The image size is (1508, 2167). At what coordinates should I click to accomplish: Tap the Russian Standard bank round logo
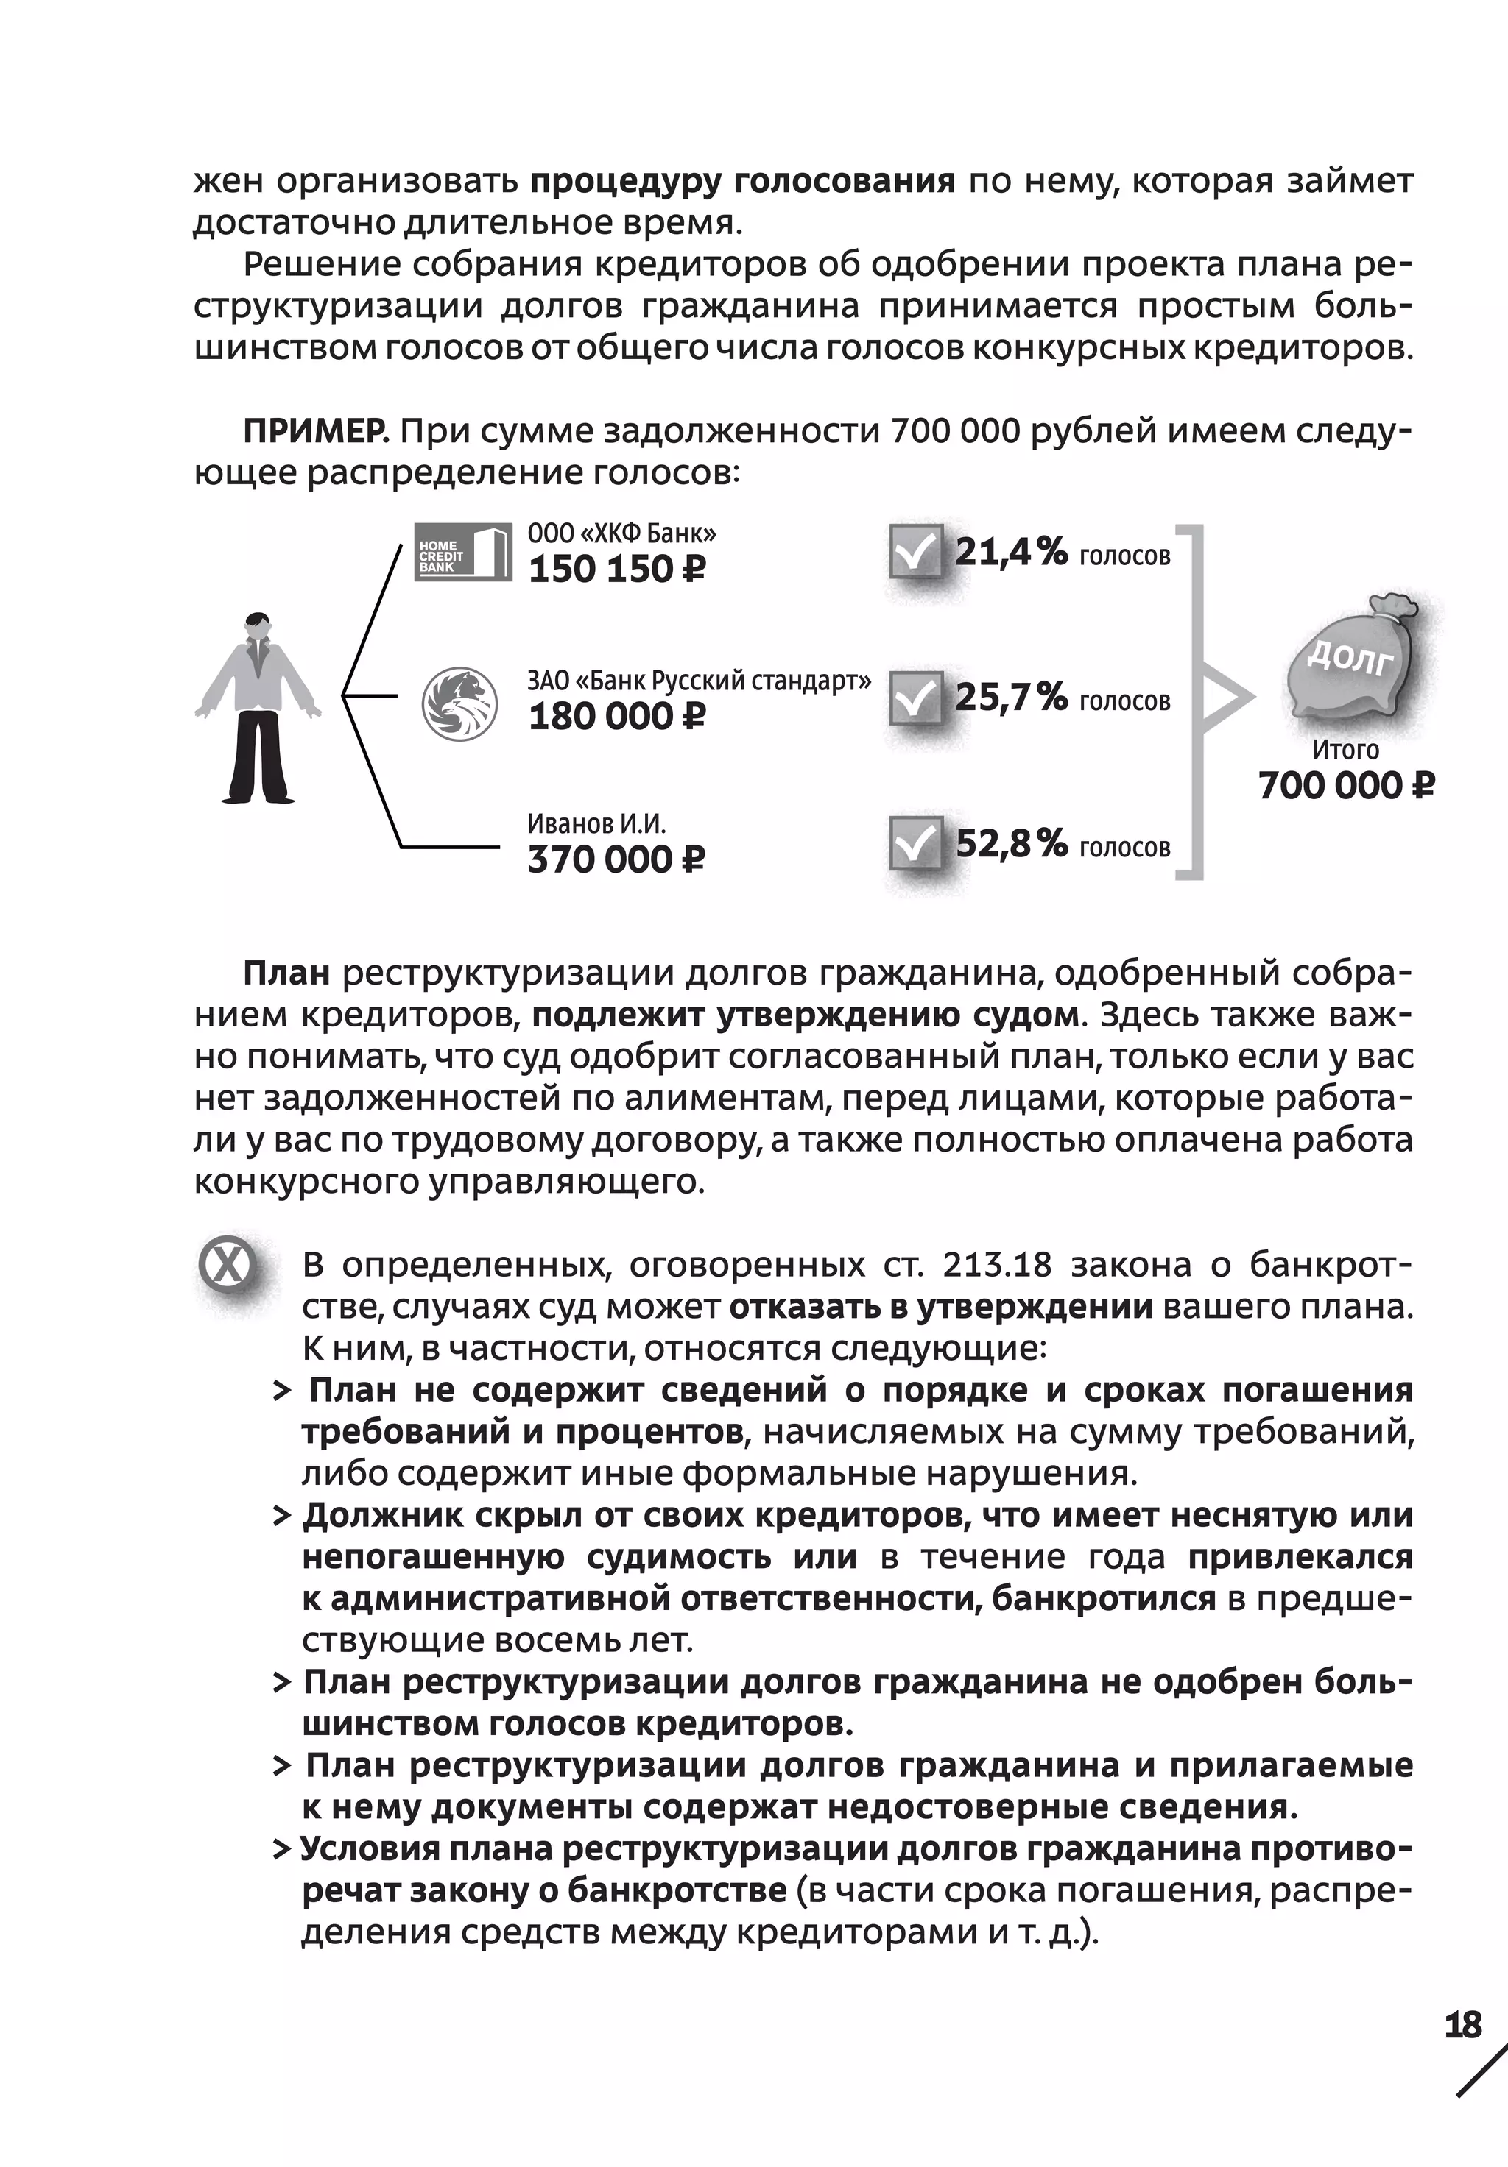tap(459, 703)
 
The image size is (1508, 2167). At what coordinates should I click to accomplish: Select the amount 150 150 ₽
tap(616, 569)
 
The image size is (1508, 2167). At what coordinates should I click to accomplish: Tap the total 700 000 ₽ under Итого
tap(1345, 785)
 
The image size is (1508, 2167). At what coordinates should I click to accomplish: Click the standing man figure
tap(258, 708)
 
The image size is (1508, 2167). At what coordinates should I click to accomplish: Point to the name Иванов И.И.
tap(596, 824)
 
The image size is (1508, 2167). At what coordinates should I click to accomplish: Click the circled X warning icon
tap(228, 1266)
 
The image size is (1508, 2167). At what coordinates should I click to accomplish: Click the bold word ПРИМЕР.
tap(315, 431)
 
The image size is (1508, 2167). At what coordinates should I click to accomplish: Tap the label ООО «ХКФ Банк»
tap(621, 534)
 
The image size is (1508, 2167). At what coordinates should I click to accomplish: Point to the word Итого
tap(1345, 751)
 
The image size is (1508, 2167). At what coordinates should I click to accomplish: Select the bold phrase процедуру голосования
tap(742, 180)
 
